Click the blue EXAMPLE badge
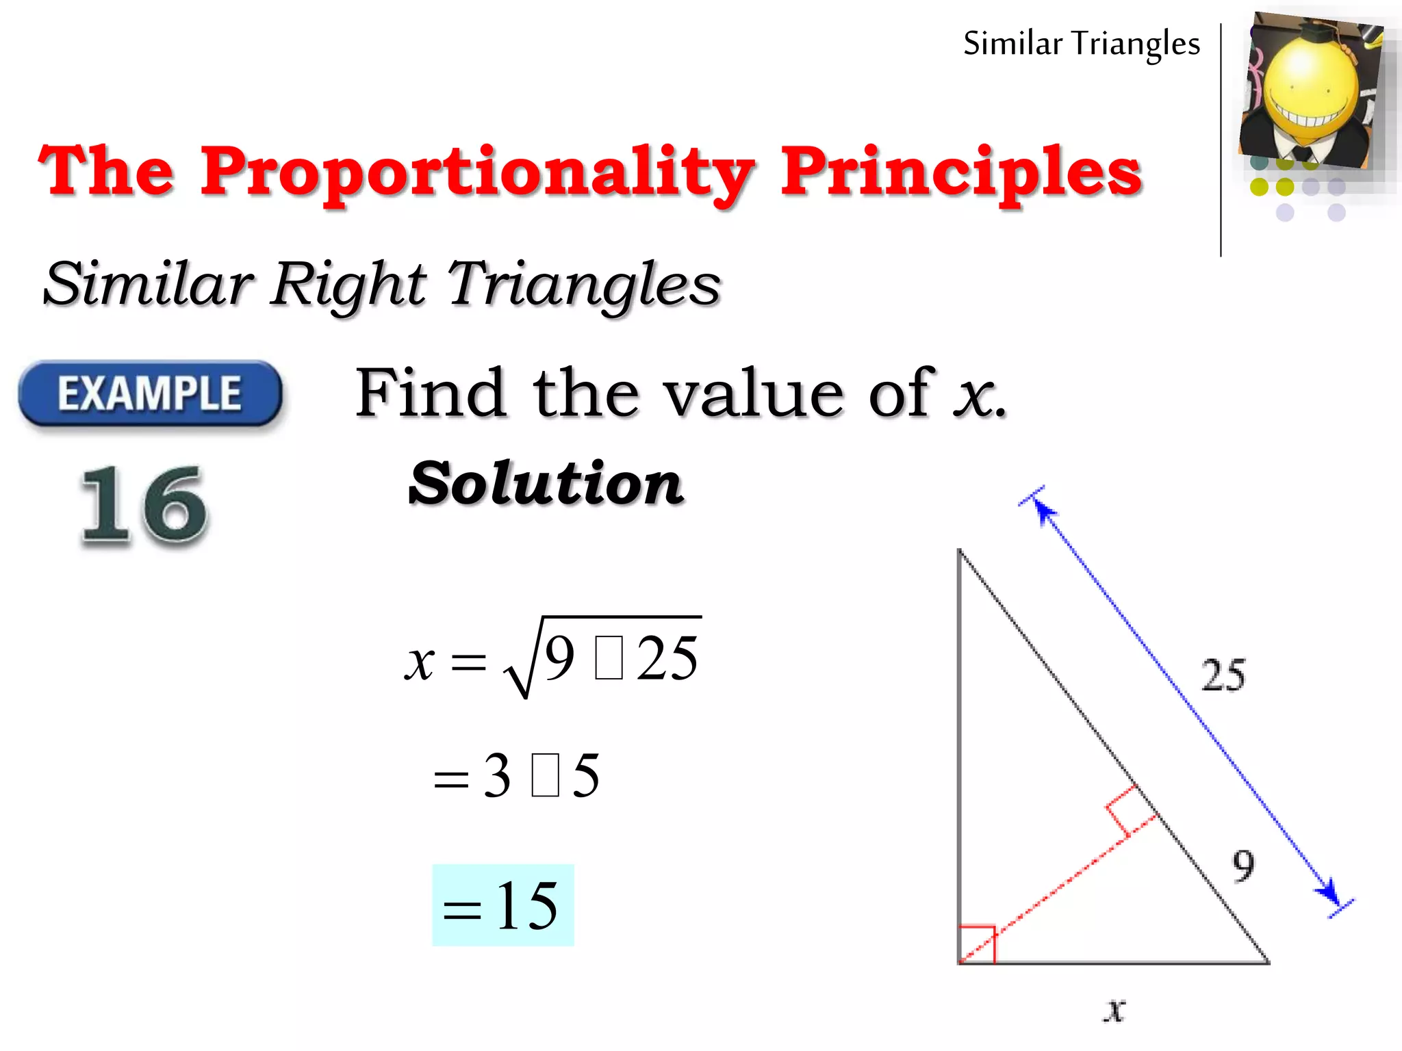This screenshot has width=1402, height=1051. pos(150,393)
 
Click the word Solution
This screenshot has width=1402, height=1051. pos(546,483)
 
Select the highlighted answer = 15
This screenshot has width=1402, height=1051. pos(502,905)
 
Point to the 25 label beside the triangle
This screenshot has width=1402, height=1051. pos(1223,675)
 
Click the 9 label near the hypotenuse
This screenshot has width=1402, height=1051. pos(1243,866)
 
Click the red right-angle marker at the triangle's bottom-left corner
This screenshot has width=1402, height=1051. pos(977,944)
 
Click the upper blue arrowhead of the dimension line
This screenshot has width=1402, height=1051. pos(1043,509)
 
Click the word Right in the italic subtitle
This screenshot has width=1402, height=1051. pos(348,285)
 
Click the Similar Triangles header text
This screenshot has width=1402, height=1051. pos(1081,44)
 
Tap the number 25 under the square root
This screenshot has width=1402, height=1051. pos(667,658)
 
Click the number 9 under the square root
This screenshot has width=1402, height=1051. pos(559,658)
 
